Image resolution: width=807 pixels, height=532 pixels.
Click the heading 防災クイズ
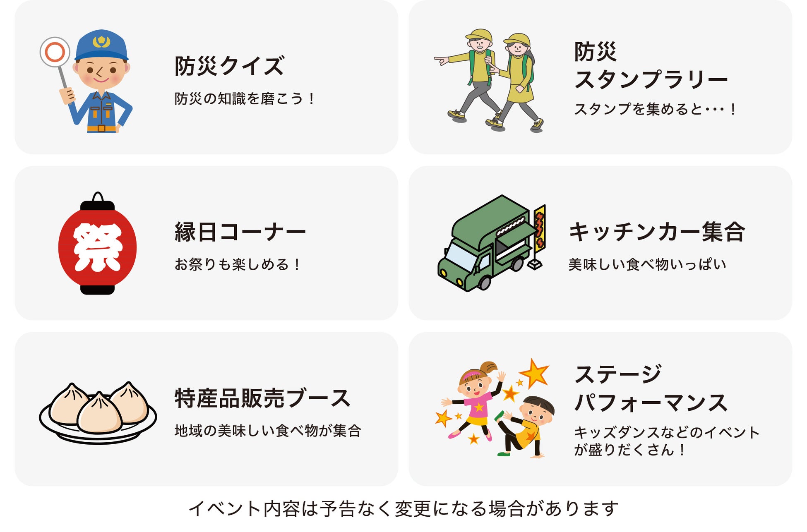pyautogui.click(x=229, y=66)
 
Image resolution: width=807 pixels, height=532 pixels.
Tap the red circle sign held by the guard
pyautogui.click(x=55, y=52)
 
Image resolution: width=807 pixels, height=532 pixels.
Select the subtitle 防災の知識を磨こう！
pyautogui.click(x=244, y=99)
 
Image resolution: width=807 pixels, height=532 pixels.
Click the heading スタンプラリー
pyautogui.click(x=650, y=79)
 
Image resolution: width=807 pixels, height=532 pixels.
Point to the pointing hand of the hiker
pyautogui.click(x=441, y=61)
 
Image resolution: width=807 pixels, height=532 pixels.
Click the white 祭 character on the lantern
pyautogui.click(x=98, y=247)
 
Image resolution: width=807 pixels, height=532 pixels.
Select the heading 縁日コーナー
pyautogui.click(x=240, y=232)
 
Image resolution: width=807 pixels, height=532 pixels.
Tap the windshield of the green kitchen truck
pyautogui.click(x=461, y=257)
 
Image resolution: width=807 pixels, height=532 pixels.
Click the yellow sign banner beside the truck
pyautogui.click(x=540, y=228)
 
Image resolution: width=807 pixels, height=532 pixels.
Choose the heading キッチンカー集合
pyautogui.click(x=657, y=232)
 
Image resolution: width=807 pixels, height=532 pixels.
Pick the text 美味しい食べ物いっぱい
pyautogui.click(x=647, y=264)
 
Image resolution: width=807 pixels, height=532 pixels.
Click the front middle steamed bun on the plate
pyautogui.click(x=99, y=414)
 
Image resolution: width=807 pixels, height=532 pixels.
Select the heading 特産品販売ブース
pyautogui.click(x=262, y=398)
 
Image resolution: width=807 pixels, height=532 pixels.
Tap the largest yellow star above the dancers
pyautogui.click(x=534, y=373)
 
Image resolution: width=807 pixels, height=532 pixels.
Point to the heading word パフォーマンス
pyautogui.click(x=651, y=403)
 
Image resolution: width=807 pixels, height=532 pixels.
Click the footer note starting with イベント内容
pyautogui.click(x=403, y=509)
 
